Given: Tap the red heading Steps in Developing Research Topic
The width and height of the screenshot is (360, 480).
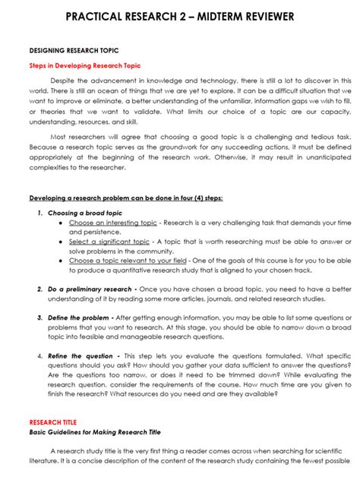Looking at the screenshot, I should [84, 66].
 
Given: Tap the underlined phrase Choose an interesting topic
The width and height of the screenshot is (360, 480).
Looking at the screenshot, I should [112, 223].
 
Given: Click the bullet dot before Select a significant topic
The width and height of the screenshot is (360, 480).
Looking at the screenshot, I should [60, 242].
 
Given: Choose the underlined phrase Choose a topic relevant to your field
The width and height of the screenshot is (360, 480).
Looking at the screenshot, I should [127, 261].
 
